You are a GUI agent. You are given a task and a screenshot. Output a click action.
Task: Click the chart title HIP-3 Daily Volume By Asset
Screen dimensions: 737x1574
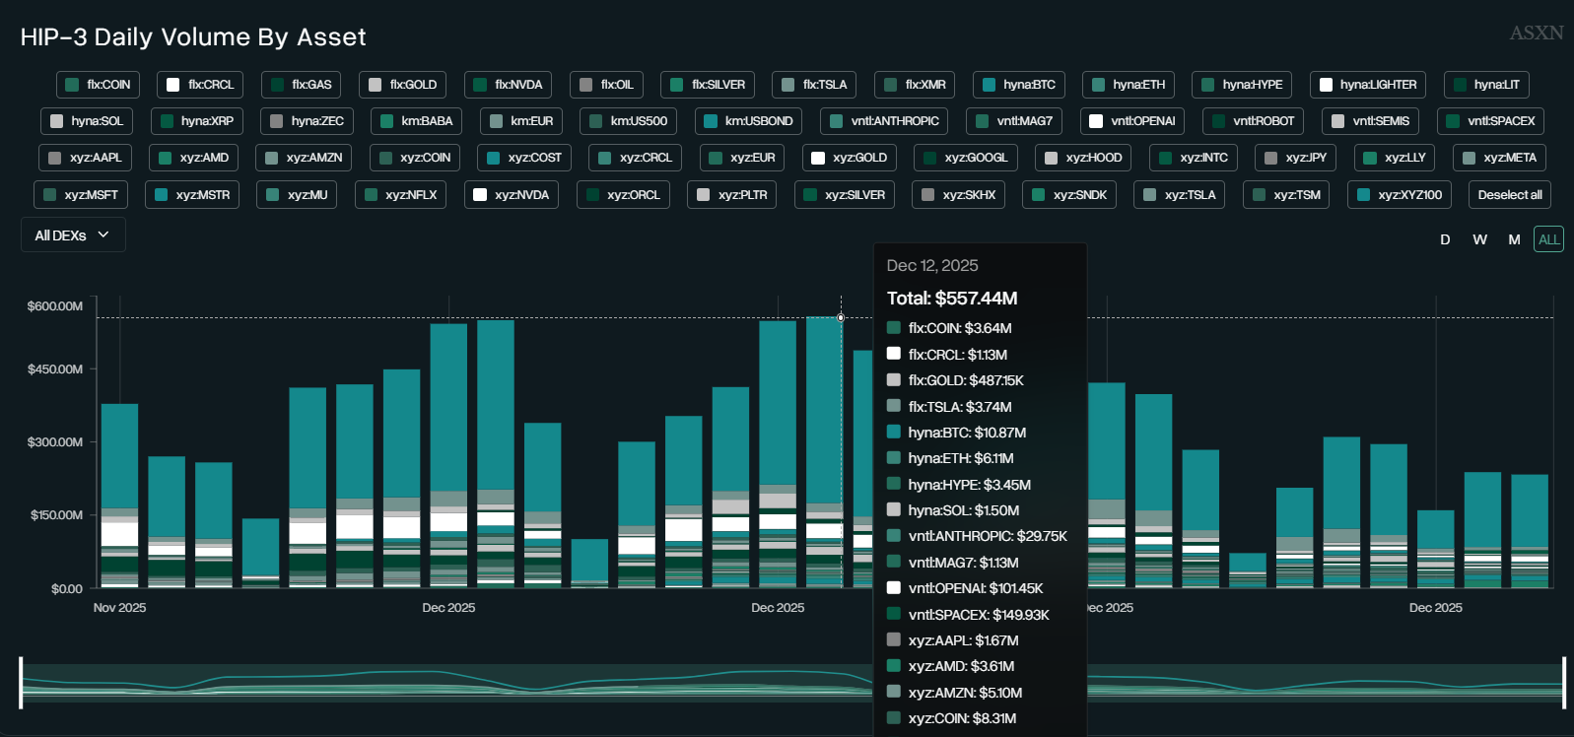(193, 37)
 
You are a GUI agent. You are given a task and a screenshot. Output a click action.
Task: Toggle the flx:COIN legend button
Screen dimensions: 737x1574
(98, 85)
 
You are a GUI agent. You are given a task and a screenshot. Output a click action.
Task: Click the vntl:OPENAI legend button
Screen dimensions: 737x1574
(1131, 121)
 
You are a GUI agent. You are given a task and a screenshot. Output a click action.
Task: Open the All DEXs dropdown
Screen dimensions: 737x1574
(72, 235)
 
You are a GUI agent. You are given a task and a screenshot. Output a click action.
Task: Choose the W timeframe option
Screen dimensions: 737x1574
(1479, 239)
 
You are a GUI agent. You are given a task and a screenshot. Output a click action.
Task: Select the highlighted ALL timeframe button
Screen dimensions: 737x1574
(1548, 239)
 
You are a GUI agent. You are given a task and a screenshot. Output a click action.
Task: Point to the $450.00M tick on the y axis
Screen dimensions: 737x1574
(55, 369)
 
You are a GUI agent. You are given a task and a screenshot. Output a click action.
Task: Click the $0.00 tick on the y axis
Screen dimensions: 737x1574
(67, 589)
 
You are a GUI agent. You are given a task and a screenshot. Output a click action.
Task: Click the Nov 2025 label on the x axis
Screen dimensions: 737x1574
(119, 608)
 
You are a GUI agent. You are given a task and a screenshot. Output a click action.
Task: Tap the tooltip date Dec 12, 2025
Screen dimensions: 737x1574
(931, 266)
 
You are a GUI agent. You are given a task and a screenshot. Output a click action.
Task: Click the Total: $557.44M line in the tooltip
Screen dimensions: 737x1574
(951, 299)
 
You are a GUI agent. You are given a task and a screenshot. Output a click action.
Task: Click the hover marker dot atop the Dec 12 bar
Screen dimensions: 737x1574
(841, 317)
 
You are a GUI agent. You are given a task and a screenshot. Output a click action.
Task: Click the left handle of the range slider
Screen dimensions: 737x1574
(21, 683)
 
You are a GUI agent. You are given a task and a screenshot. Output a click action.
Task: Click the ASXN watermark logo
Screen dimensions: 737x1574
(1536, 33)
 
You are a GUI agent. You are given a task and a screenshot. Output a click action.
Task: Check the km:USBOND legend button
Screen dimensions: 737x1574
(748, 121)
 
